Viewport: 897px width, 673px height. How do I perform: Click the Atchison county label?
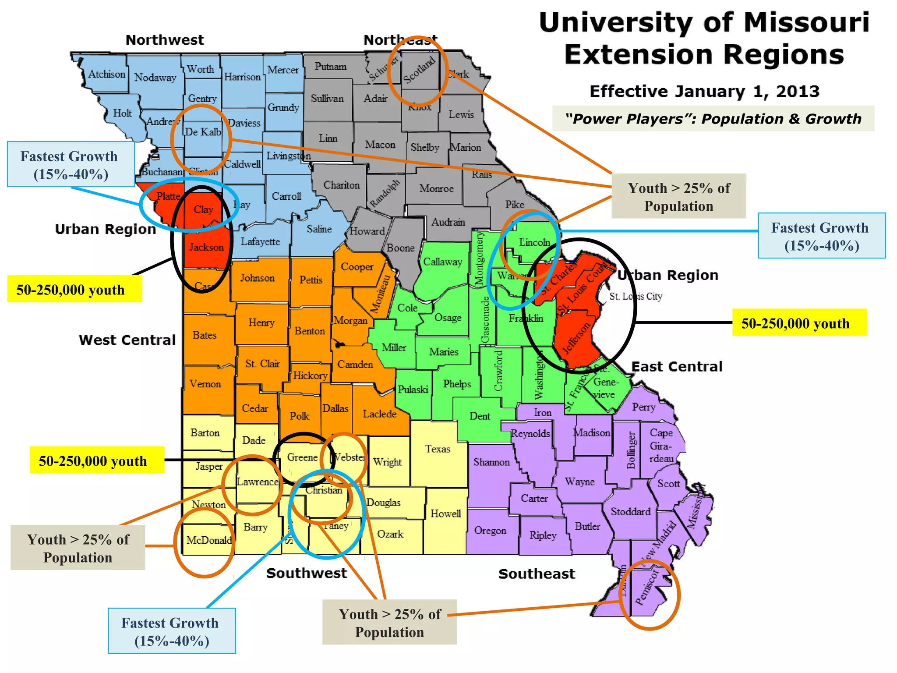tap(106, 74)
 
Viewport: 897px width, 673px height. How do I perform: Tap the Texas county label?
tap(438, 449)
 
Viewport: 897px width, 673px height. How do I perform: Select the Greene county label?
tap(302, 457)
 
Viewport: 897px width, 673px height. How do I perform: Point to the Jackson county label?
tap(206, 247)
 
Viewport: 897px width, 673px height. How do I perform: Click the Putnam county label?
tap(330, 67)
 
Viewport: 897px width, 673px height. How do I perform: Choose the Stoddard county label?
tap(631, 511)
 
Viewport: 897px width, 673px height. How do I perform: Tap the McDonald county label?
tap(209, 540)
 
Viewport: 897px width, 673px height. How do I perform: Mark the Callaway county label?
tap(442, 262)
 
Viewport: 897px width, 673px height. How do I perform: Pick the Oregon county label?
tap(490, 531)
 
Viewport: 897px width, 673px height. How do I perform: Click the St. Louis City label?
tap(636, 296)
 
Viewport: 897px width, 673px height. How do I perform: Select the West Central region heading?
tap(127, 340)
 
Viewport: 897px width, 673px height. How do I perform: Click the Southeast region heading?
tap(537, 574)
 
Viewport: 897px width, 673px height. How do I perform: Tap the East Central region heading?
tap(677, 366)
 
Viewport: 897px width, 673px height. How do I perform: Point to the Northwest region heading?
tap(165, 40)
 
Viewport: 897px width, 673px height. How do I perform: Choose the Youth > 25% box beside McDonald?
tap(78, 548)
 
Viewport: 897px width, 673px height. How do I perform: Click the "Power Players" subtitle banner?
tap(713, 118)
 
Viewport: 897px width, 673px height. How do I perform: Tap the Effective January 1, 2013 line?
tap(704, 91)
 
